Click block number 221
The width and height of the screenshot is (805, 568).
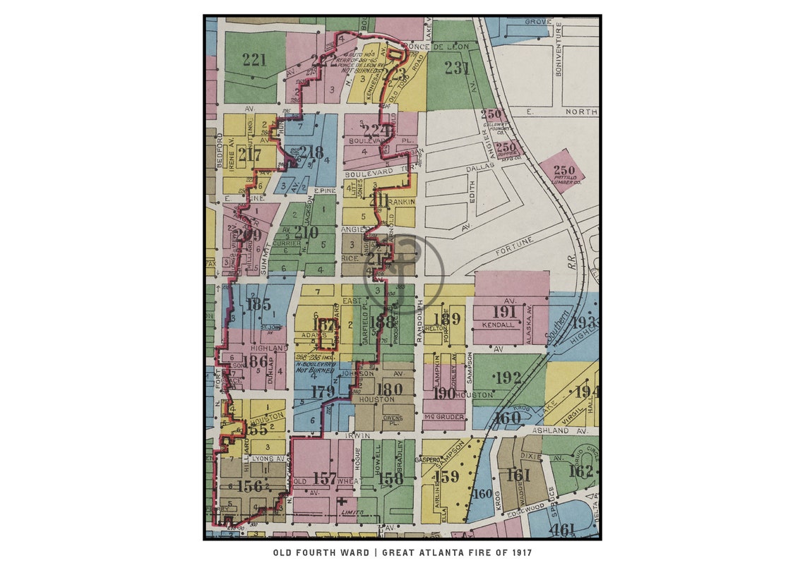254,60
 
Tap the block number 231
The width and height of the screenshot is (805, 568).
457,68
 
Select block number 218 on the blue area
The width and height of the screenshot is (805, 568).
311,152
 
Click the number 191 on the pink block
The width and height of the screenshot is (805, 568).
504,312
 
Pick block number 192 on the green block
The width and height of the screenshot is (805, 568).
507,377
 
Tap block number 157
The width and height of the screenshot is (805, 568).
324,478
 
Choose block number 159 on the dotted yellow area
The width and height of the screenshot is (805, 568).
446,476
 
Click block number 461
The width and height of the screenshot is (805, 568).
563,528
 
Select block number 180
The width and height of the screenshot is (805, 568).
389,389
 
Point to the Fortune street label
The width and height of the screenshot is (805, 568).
513,245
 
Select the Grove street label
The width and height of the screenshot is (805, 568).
537,22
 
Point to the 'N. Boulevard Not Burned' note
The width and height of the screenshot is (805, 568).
315,365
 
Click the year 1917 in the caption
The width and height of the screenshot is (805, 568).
519,552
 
